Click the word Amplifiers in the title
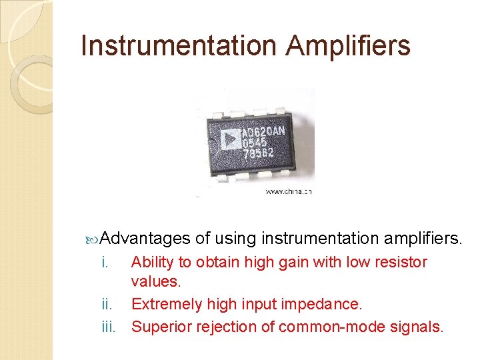349,46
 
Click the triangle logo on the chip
230,139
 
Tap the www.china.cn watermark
289,191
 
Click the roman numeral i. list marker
105,263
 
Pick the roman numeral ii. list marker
107,305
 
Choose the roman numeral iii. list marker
109,327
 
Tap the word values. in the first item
156,282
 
